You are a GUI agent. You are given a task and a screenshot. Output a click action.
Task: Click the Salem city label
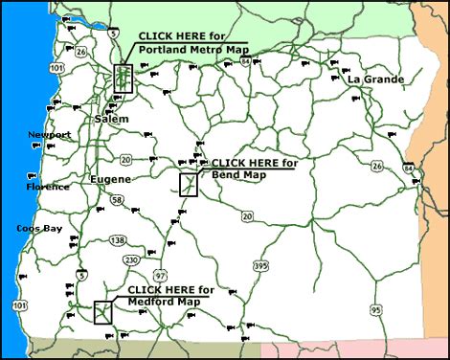pos(112,118)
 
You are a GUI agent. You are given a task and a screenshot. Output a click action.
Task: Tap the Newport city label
pos(50,135)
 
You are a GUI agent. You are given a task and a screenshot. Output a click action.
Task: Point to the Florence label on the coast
pos(48,186)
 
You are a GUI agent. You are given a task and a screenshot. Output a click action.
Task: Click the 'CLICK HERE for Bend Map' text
pos(254,169)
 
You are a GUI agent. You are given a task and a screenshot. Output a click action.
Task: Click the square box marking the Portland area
pos(122,78)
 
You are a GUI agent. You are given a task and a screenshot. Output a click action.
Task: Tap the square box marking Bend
pos(189,184)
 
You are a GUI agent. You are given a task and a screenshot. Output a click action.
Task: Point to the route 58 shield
pos(117,199)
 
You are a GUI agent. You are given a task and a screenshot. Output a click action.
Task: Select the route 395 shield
pos(287,263)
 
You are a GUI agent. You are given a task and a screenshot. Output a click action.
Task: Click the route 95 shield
pos(376,308)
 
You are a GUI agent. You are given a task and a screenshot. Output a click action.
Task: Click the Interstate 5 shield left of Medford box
pos(82,275)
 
